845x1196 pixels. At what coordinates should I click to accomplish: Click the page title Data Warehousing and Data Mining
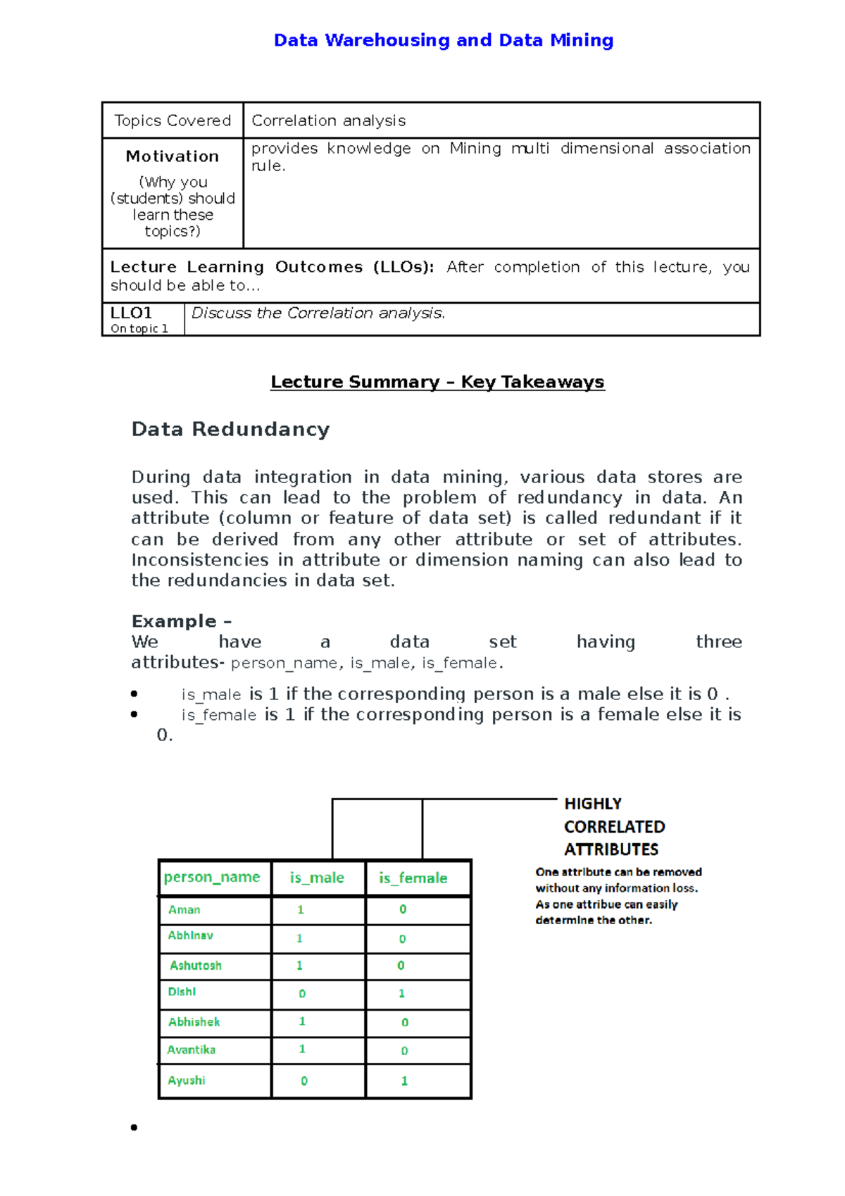(443, 40)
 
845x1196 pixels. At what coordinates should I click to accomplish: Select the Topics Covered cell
(173, 120)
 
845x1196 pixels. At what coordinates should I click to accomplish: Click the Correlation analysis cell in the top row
(328, 120)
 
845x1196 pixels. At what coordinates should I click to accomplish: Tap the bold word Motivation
(173, 156)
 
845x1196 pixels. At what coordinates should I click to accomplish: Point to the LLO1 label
(131, 313)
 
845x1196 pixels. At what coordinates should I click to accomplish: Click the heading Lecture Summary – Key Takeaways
(437, 382)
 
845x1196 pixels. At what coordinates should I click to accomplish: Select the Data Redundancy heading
(230, 429)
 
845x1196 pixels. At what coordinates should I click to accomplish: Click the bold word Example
(174, 621)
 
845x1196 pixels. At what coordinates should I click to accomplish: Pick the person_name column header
(212, 877)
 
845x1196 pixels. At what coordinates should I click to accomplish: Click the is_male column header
(317, 878)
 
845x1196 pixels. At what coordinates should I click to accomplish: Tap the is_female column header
(413, 878)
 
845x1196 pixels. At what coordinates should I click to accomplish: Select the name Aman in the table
(184, 909)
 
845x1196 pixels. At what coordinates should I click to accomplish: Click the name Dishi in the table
(182, 992)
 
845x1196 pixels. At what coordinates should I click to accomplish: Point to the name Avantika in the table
(192, 1049)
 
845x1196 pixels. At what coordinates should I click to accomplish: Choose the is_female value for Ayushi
(404, 1080)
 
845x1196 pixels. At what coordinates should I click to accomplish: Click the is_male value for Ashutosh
(299, 965)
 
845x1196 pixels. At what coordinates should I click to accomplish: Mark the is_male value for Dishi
(302, 994)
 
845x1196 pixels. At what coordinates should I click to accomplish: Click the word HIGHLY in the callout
(593, 804)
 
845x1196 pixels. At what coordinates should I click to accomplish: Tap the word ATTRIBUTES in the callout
(611, 849)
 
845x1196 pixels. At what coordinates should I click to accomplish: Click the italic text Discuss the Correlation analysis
(318, 313)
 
